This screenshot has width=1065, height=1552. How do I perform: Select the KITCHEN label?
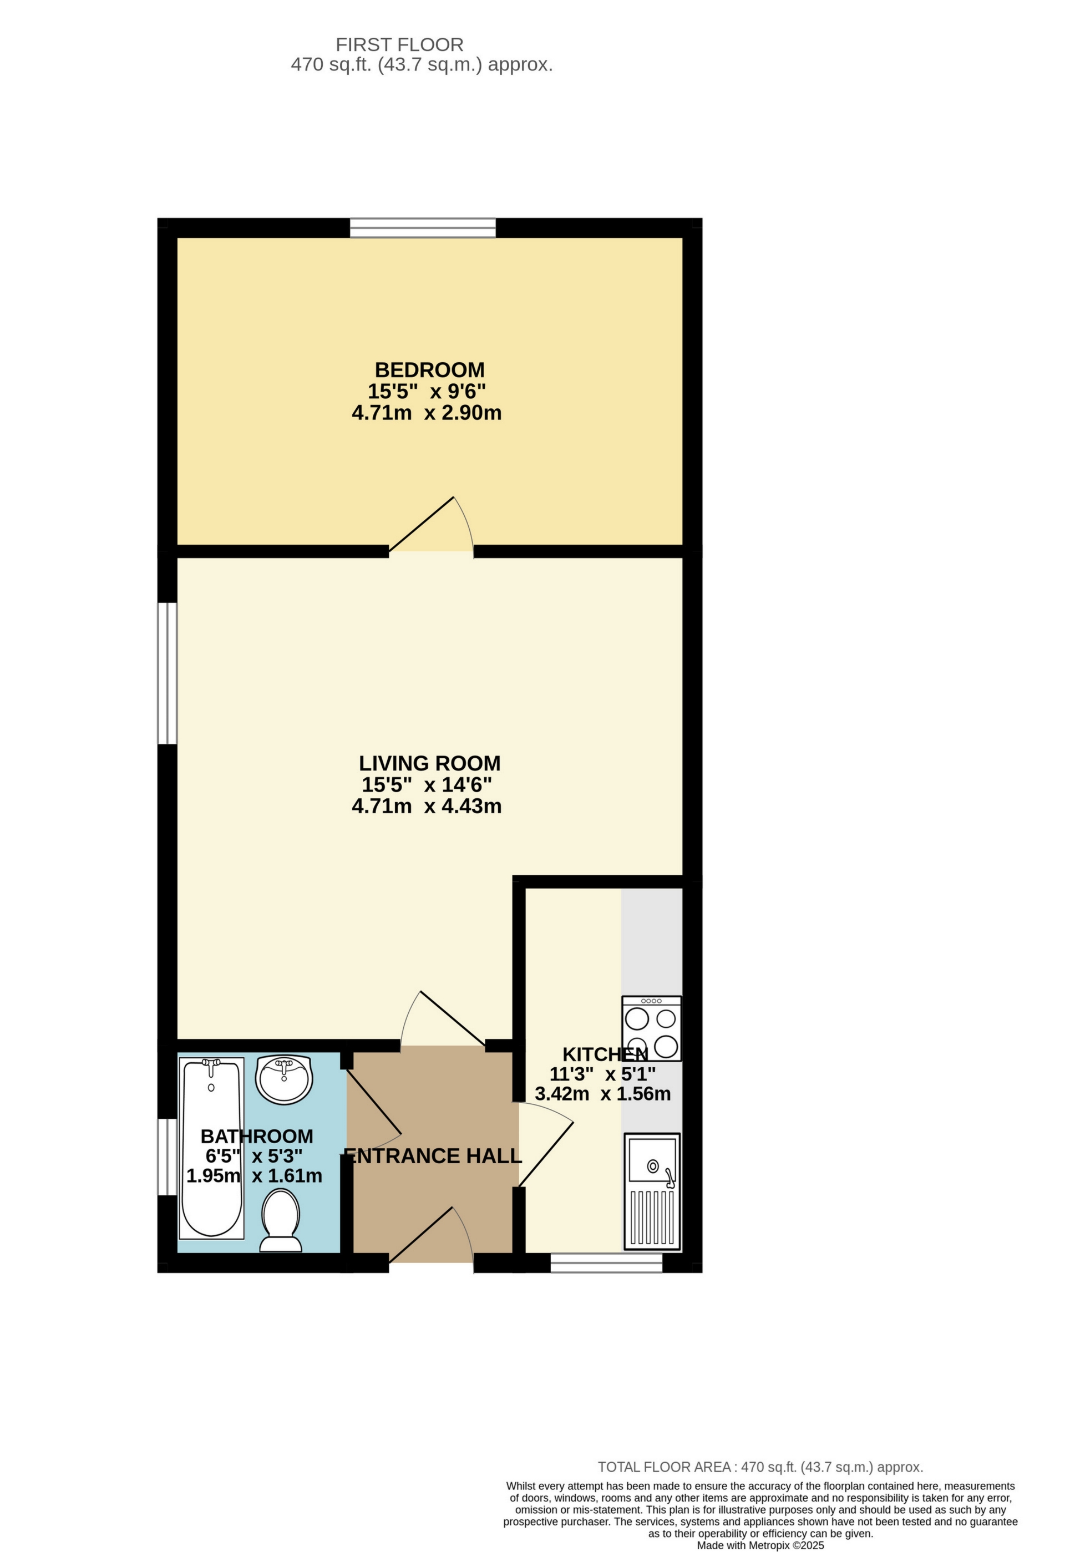pos(605,1054)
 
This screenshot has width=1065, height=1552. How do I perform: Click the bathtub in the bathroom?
pos(212,1149)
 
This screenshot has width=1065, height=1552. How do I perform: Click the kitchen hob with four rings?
pos(651,1028)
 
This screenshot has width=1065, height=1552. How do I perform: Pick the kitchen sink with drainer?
pos(652,1191)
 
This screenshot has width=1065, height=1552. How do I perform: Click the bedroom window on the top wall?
pos(423,228)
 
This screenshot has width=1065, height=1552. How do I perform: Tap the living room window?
pos(167,673)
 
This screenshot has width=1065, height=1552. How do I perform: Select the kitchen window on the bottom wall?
pos(606,1263)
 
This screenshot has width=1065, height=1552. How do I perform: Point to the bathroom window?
pos(167,1157)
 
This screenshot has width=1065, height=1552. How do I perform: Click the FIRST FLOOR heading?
pos(399,45)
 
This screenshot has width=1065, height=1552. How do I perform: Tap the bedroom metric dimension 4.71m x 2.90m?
pos(427,413)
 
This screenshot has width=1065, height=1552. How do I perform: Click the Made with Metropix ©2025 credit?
pos(760,1545)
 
